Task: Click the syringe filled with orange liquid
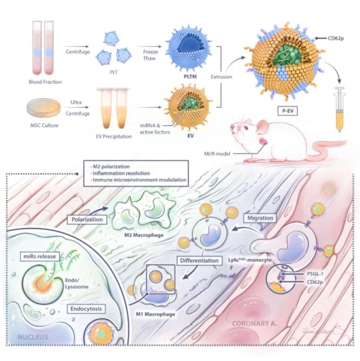pyautogui.click(x=339, y=107)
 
